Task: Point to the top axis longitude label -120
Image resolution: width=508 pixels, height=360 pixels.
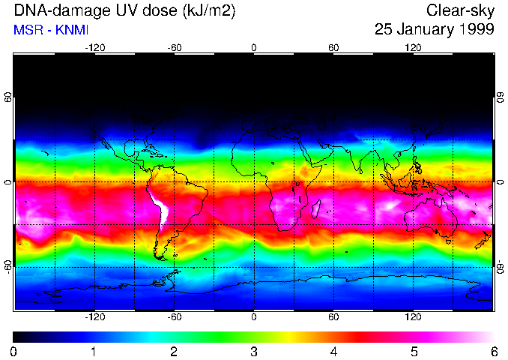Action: point(94,48)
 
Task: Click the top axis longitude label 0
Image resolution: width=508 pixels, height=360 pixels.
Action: point(254,48)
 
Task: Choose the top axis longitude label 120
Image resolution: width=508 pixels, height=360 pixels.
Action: point(413,48)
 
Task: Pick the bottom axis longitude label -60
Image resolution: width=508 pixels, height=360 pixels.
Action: point(174,317)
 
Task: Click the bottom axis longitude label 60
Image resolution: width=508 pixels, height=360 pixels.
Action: point(333,317)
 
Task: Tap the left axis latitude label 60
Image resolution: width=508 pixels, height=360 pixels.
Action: point(8,97)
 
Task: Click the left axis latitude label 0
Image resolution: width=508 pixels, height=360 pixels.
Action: point(8,182)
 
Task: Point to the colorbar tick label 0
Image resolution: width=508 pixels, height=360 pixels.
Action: point(14,351)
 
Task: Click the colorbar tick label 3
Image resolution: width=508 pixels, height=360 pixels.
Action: point(253,351)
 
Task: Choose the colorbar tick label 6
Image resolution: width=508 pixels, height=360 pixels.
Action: point(493,351)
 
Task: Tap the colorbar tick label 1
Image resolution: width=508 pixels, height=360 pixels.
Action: point(94,351)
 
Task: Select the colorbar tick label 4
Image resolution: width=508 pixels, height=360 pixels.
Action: point(333,351)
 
